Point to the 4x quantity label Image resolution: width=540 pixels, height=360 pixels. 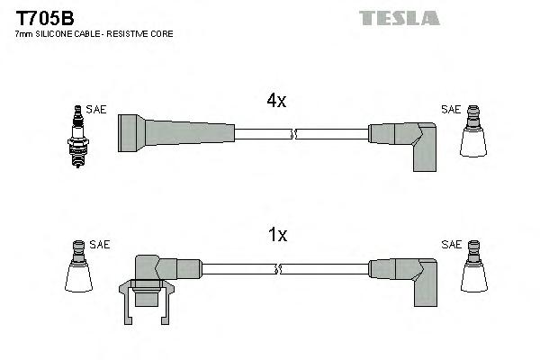point(276,102)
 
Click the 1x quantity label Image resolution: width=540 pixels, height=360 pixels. point(278,236)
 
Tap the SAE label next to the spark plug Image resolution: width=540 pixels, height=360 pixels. point(97,110)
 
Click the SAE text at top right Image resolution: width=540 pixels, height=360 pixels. point(450,110)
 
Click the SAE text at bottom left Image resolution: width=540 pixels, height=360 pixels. point(99,244)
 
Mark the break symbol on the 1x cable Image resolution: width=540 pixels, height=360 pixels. point(280,268)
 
